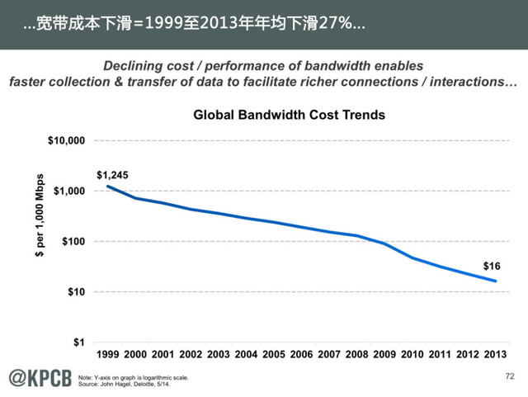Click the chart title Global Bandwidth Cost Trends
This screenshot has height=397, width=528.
pos(289,116)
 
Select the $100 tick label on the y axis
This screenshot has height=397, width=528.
pos(74,242)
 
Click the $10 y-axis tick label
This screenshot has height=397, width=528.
pos(77,292)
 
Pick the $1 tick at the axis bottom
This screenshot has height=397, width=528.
pos(80,343)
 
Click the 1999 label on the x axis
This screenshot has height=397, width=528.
pos(109,354)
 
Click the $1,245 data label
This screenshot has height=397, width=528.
pos(112,175)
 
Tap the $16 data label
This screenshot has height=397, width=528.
pos(493,267)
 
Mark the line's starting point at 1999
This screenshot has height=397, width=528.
pos(109,187)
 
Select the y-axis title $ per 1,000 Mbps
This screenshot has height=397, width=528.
pos(39,216)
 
